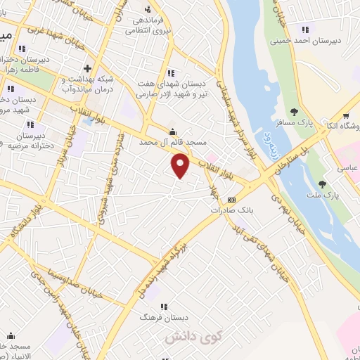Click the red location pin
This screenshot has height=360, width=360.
(x=181, y=166)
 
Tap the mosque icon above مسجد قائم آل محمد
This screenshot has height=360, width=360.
(x=172, y=131)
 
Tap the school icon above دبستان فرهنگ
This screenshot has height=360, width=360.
(x=164, y=307)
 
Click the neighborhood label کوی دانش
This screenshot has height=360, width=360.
(x=188, y=338)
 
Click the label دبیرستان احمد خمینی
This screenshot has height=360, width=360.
(x=307, y=40)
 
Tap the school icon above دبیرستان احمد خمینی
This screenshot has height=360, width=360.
(x=304, y=29)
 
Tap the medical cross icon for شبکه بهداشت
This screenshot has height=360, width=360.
(x=86, y=68)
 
